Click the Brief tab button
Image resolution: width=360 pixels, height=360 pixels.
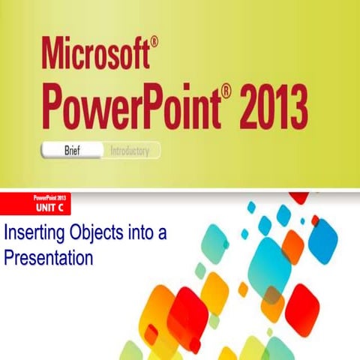[72, 151]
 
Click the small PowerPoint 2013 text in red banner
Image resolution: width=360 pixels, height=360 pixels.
[50, 197]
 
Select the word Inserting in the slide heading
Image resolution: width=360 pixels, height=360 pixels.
[32, 232]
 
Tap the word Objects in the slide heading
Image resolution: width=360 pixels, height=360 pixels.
[91, 232]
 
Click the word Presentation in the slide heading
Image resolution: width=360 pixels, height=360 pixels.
[48, 258]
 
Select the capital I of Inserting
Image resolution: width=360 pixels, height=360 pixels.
[6, 232]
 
